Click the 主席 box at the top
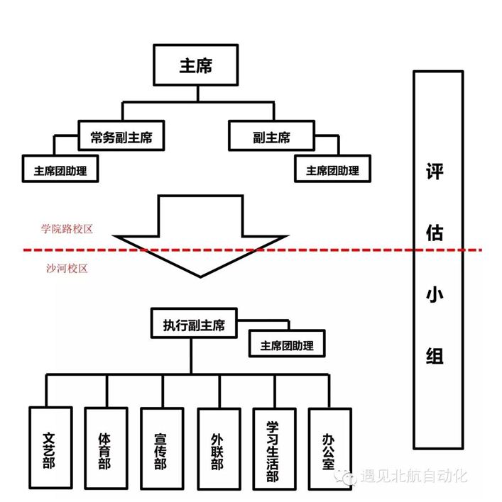tap(195, 66)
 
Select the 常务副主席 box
tap(121, 137)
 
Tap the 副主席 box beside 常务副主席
tap(271, 137)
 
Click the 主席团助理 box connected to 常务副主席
tap(60, 170)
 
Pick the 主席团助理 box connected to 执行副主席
tap(287, 345)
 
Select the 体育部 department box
tap(104, 449)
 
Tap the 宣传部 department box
tap(161, 449)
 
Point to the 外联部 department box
tap(217, 449)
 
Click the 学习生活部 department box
tap(273, 449)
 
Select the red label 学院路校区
tap(67, 229)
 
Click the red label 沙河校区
tap(65, 269)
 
